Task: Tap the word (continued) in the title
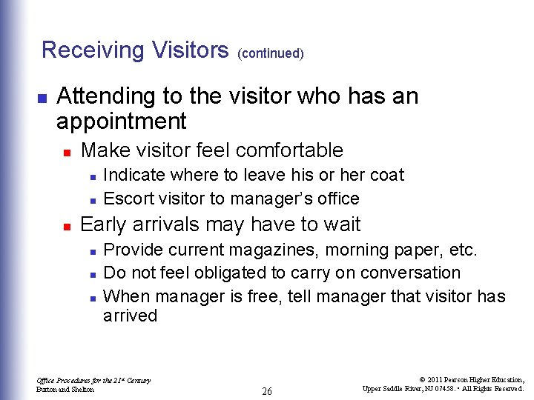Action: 271,53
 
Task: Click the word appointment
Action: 122,121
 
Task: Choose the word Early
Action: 103,224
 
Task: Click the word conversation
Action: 409,273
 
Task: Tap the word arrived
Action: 131,316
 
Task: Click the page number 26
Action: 267,391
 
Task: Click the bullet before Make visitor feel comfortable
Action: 66,152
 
